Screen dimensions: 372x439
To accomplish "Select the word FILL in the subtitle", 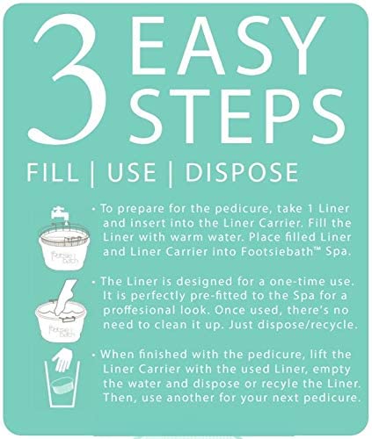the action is point(53,172).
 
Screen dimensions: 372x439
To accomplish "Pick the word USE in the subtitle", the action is point(131,172).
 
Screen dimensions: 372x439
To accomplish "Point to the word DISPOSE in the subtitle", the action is point(242,172).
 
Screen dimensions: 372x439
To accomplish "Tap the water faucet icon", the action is point(61,214).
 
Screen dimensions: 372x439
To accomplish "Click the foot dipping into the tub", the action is point(66,297).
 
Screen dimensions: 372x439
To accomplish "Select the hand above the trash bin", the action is point(62,359).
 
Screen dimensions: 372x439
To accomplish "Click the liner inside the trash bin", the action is point(62,386).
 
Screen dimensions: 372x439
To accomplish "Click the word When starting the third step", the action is point(117,355).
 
